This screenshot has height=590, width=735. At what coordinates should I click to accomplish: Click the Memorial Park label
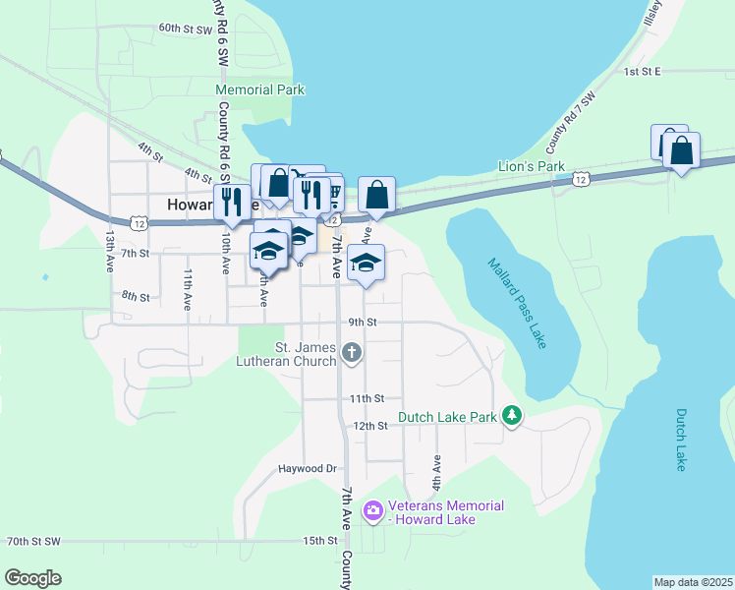coord(260,89)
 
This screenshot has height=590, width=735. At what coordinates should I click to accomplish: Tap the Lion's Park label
coord(532,166)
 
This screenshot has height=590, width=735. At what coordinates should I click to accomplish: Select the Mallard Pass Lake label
coord(515,303)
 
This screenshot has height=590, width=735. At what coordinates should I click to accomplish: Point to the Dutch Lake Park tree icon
coord(511,417)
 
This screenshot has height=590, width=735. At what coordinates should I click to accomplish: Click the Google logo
coord(32,578)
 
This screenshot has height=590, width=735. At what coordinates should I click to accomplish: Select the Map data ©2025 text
coord(693,582)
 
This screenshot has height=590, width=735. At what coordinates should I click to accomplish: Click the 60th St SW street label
coord(186,29)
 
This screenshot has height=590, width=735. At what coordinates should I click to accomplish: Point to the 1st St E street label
coord(644,72)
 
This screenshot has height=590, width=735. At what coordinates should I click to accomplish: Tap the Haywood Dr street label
coord(307,469)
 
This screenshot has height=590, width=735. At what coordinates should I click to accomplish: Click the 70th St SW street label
coord(34,541)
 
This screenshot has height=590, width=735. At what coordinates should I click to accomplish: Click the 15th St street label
coord(320,541)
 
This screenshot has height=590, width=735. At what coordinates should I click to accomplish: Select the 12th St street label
coord(370,426)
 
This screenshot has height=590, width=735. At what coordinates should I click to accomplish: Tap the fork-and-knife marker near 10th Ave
coord(232,201)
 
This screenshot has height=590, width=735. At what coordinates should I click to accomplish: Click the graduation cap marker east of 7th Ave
coord(367,263)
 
